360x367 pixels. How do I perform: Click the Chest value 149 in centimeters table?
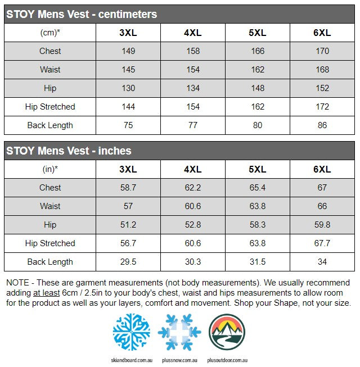(x=128, y=51)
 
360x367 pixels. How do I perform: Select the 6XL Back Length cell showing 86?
(x=322, y=125)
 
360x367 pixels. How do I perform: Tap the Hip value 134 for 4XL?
(x=193, y=88)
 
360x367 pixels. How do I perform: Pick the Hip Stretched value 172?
(x=322, y=107)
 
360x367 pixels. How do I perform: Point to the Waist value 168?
(x=322, y=70)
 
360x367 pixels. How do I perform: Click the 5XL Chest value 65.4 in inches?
(x=258, y=188)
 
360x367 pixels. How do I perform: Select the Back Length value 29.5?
(x=128, y=262)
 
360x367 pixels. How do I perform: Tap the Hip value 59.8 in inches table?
(x=322, y=225)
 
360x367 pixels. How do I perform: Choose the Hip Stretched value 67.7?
(x=322, y=243)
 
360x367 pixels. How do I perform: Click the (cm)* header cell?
(x=50, y=33)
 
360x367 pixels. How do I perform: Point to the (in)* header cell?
(x=50, y=169)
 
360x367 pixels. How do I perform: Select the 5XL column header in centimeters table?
(x=258, y=33)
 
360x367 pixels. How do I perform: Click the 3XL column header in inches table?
(x=128, y=169)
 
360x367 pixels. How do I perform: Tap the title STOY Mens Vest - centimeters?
(x=82, y=14)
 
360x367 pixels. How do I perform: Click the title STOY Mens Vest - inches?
(x=69, y=151)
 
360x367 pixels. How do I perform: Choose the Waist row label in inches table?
(x=50, y=206)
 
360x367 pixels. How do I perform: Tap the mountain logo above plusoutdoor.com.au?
(x=227, y=332)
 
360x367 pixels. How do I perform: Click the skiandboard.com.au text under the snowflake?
(x=131, y=360)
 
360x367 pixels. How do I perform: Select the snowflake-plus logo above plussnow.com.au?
(x=179, y=332)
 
